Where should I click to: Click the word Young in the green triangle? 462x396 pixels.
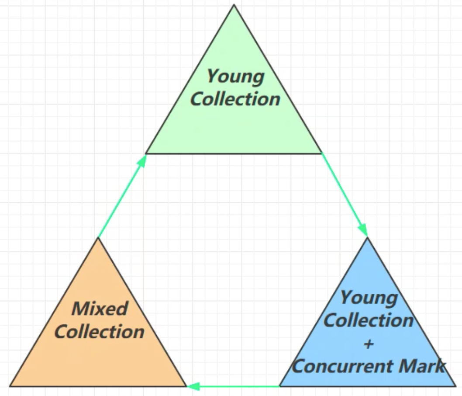point(235,77)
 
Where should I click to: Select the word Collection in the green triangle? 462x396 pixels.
point(235,99)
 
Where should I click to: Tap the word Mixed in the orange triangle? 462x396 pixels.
point(100,309)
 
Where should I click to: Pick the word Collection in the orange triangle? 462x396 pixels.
point(99,332)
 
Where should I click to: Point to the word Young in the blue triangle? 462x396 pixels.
point(369,298)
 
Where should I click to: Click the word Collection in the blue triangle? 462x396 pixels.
point(368,321)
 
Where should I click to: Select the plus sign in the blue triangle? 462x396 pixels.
point(369,344)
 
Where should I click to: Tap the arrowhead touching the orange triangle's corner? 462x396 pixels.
point(193,386)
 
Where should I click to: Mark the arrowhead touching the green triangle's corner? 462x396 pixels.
point(141,160)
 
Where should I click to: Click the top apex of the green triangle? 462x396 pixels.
point(234,5)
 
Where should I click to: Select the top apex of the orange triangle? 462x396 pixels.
point(98,238)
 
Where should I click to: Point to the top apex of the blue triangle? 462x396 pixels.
point(367,238)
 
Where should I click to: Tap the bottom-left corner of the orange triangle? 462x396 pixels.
point(10,386)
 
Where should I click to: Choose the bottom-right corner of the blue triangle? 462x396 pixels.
point(455,386)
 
